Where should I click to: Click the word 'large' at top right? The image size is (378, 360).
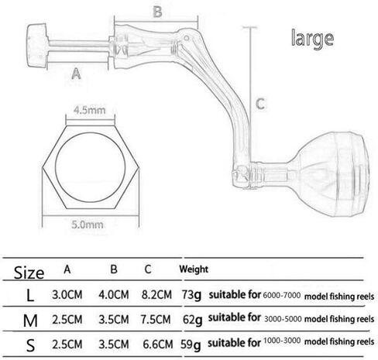pos(312,39)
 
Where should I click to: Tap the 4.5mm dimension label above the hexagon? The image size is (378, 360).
pos(89,110)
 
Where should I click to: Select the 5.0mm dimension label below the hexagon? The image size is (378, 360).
pos(88,225)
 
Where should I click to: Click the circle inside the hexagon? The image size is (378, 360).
pos(91,167)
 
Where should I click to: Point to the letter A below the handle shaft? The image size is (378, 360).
pos(76,74)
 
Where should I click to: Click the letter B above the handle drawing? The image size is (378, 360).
pos(157,12)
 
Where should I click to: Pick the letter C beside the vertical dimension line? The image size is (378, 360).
pos(260,104)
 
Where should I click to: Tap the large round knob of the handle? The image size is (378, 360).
pos(333,174)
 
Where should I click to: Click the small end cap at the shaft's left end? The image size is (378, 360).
pos(37,46)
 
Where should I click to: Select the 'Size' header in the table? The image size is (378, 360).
pos(29,273)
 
